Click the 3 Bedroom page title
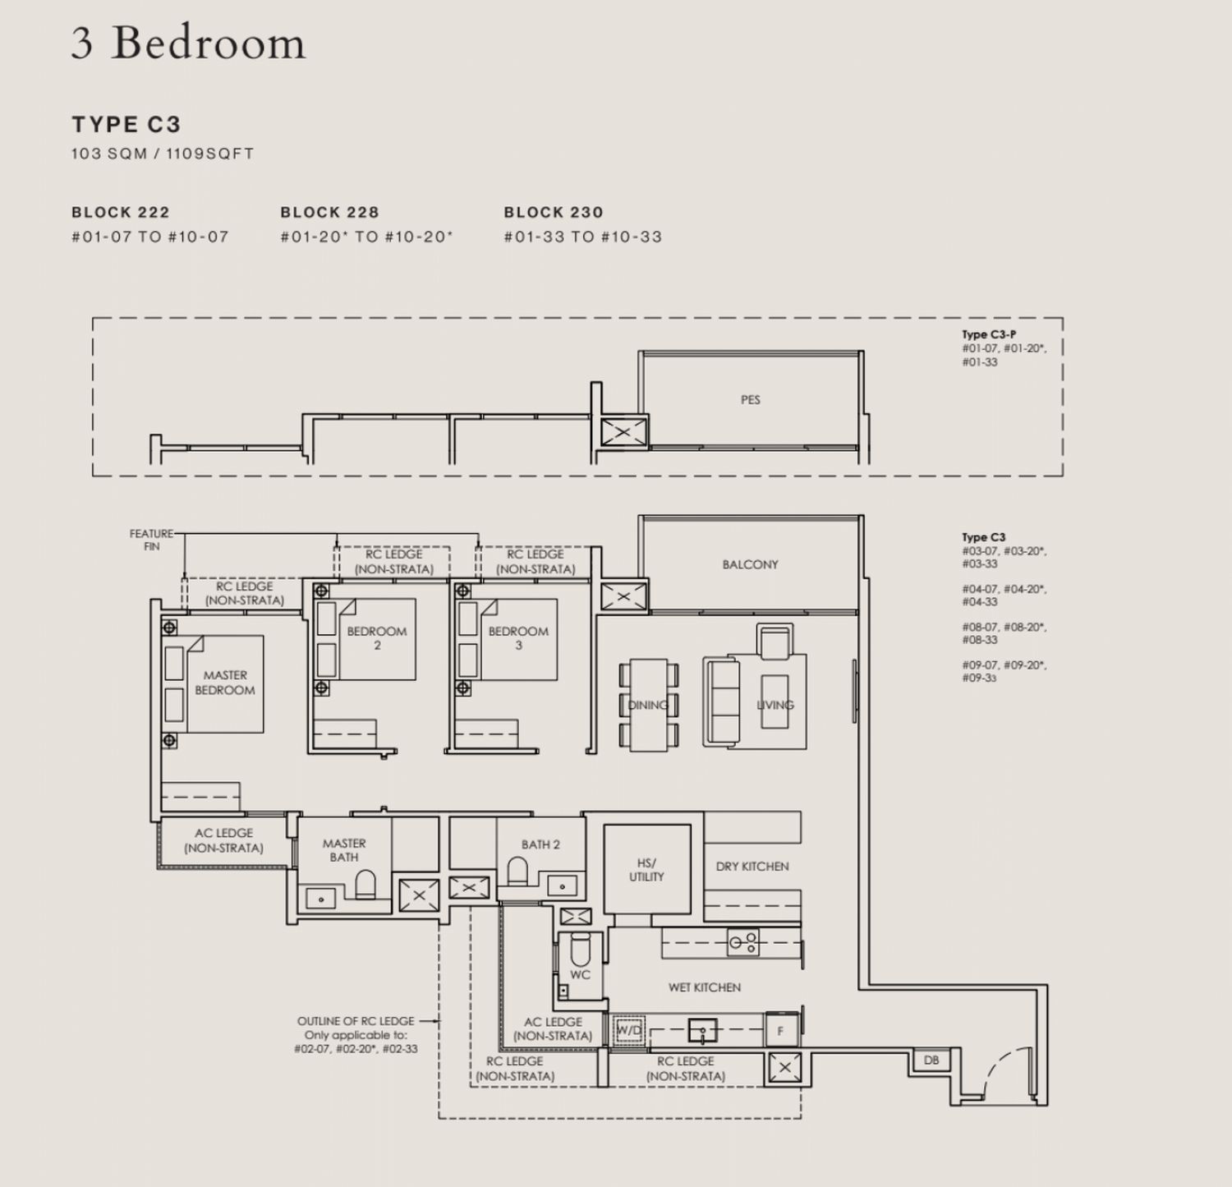pyautogui.click(x=188, y=43)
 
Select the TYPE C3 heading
pyautogui.click(x=126, y=124)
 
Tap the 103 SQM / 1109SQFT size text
pyautogui.click(x=163, y=154)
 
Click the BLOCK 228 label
pyautogui.click(x=329, y=212)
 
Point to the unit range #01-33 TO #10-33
pyautogui.click(x=582, y=237)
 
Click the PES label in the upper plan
pyautogui.click(x=750, y=400)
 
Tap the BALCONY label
pyautogui.click(x=750, y=564)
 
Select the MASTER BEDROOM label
pyautogui.click(x=224, y=683)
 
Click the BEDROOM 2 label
pyautogui.click(x=376, y=638)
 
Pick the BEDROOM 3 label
pyautogui.click(x=518, y=638)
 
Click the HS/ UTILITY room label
pyautogui.click(x=646, y=870)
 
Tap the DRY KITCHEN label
pyautogui.click(x=752, y=867)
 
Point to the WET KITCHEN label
pyautogui.click(x=704, y=987)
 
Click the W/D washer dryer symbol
pyautogui.click(x=629, y=1029)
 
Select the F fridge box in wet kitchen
pyautogui.click(x=780, y=1030)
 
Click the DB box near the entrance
pyautogui.click(x=931, y=1060)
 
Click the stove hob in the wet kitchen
pyautogui.click(x=744, y=942)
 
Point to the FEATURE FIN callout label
pyautogui.click(x=151, y=540)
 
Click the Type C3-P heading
pyautogui.click(x=989, y=334)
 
